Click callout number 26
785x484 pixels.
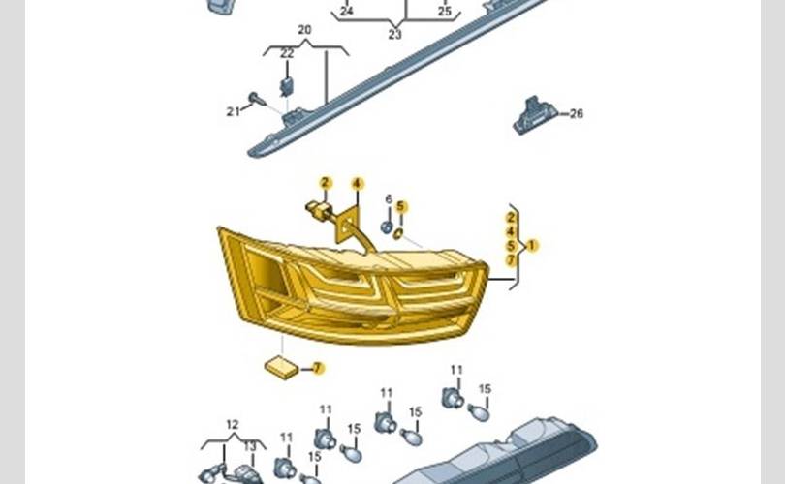577,113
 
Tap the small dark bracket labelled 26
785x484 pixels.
534,115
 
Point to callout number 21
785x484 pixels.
233,112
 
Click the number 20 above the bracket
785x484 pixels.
305,30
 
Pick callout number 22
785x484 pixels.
287,53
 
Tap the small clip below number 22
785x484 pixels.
286,86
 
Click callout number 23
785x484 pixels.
394,34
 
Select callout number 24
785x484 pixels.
346,12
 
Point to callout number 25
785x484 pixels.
444,12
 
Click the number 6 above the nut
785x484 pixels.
388,199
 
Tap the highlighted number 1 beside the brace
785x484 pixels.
531,246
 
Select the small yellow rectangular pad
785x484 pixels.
284,367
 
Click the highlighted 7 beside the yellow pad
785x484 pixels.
318,368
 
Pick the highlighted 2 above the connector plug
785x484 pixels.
326,183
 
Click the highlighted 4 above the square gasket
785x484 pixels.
357,183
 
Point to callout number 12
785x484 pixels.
232,424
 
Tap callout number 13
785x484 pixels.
250,445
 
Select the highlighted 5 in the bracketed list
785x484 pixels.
511,246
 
